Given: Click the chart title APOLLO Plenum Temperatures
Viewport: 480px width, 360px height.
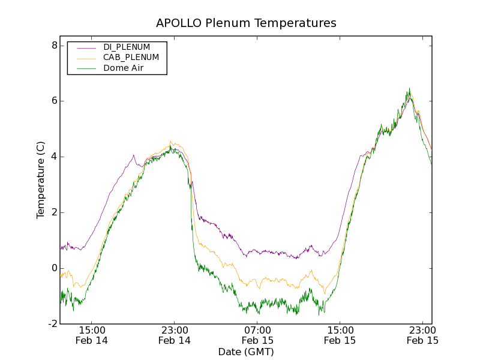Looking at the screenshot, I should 246,23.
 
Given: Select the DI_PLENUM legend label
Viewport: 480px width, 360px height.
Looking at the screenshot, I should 127,47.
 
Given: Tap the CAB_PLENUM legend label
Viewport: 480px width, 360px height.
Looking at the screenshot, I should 131,58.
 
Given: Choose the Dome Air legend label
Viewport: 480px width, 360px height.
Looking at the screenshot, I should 124,68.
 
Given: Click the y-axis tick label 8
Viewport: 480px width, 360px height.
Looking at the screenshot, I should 54,46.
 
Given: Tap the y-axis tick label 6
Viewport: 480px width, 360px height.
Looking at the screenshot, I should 54,101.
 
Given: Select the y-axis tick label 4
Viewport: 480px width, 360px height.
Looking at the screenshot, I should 54,157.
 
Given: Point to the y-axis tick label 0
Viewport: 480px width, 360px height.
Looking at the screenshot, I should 54,268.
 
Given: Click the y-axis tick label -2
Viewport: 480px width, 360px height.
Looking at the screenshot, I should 52,324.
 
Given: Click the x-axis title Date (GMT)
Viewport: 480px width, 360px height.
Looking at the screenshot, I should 246,352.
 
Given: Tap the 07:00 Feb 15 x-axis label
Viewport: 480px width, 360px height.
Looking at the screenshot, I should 257,335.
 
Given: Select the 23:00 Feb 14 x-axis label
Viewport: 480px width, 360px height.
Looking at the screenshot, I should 174,335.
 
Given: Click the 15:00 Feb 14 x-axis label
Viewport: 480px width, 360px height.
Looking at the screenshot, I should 91,335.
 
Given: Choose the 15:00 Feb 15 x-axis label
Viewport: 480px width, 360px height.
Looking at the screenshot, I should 340,335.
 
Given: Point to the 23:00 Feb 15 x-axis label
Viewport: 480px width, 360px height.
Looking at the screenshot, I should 422,335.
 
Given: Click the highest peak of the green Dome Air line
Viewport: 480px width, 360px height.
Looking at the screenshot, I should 409,88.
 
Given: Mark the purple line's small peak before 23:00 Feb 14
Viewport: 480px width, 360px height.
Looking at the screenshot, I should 134,155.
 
